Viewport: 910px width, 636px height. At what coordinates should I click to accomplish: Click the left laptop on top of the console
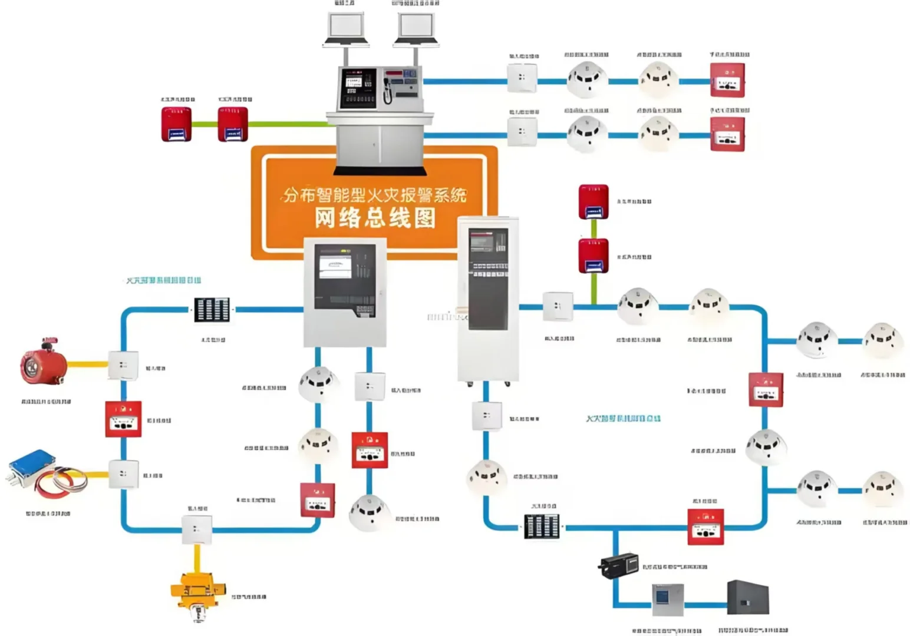tap(345, 28)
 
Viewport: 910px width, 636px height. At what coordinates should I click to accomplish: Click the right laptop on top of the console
tap(416, 28)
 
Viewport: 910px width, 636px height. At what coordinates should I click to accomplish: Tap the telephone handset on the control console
tap(387, 90)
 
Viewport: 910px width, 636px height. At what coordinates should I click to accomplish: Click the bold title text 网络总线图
tap(375, 218)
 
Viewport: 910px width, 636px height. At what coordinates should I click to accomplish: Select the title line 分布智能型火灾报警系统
tap(375, 194)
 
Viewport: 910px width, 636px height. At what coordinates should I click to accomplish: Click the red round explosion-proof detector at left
tap(41, 362)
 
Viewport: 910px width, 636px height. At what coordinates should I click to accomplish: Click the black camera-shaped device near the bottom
tap(619, 565)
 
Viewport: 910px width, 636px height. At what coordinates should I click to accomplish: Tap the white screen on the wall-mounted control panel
tap(335, 266)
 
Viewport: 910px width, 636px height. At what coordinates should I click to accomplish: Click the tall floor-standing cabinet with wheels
tap(488, 300)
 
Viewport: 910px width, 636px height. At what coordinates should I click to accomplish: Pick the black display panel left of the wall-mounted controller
tap(212, 309)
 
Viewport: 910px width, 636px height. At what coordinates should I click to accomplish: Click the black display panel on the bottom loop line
tap(542, 526)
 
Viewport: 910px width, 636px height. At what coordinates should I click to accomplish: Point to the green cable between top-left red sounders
tap(205, 124)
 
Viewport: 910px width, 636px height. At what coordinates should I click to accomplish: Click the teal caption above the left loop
tap(163, 280)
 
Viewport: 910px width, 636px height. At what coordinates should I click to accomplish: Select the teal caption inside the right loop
tap(623, 418)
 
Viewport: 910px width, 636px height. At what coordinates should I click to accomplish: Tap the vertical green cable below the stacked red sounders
tap(594, 289)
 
